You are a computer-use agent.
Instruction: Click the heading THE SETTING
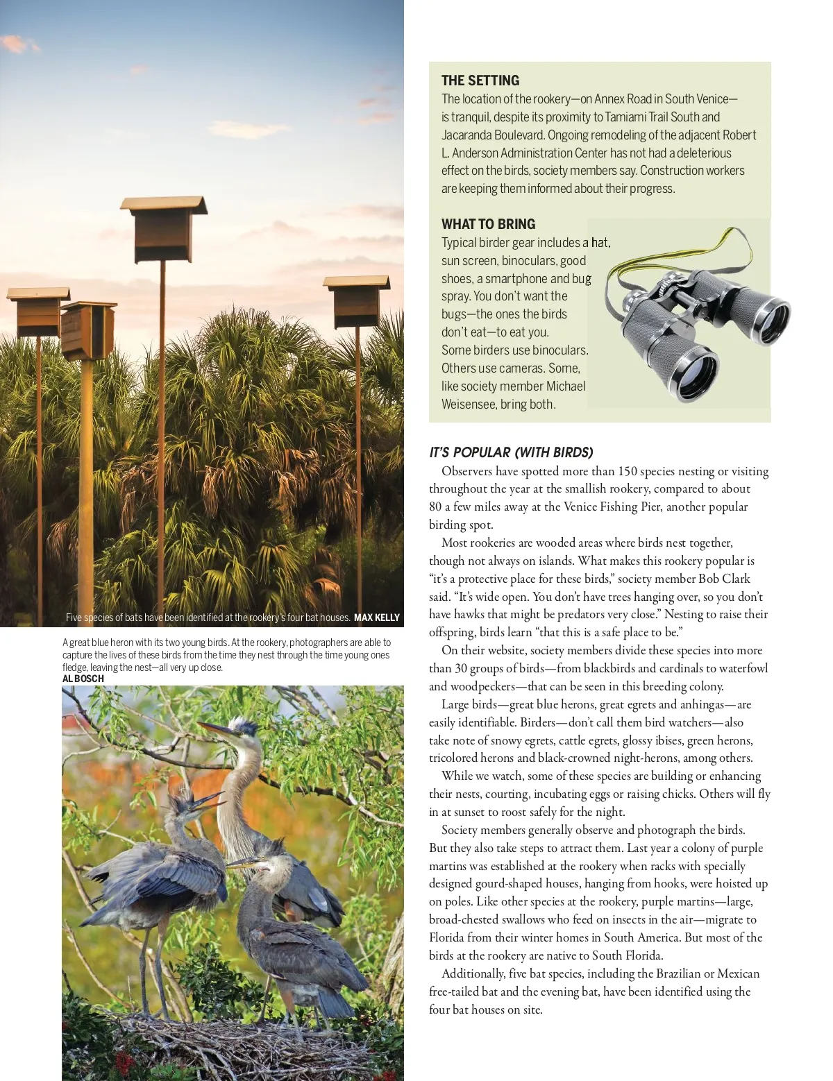click(x=480, y=80)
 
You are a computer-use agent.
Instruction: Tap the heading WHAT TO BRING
click(x=488, y=224)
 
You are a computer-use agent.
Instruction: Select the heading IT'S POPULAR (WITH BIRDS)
click(x=511, y=452)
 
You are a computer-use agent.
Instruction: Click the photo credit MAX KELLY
click(x=376, y=618)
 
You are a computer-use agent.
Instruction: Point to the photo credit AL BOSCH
click(x=83, y=679)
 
